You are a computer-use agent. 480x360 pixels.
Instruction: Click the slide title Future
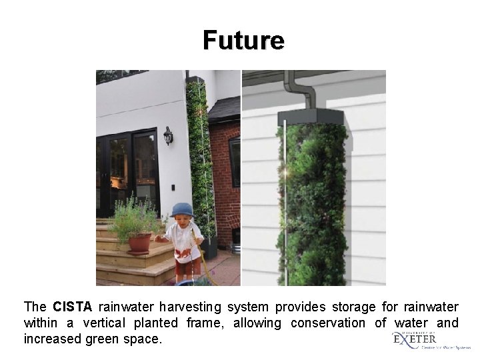click(x=243, y=41)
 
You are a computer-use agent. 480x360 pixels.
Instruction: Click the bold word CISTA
click(x=72, y=307)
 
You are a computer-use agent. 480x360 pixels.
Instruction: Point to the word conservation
click(x=328, y=323)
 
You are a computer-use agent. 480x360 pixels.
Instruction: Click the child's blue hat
click(x=181, y=210)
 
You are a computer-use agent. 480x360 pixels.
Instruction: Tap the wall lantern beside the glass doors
click(x=168, y=136)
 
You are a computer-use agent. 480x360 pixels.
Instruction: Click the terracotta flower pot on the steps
click(x=139, y=242)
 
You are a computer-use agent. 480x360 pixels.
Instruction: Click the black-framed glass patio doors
click(x=127, y=173)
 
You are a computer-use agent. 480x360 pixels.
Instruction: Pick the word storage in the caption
click(x=353, y=307)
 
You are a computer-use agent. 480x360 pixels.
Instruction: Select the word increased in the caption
click(x=52, y=339)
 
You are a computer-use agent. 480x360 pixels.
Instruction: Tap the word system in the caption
click(x=248, y=307)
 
